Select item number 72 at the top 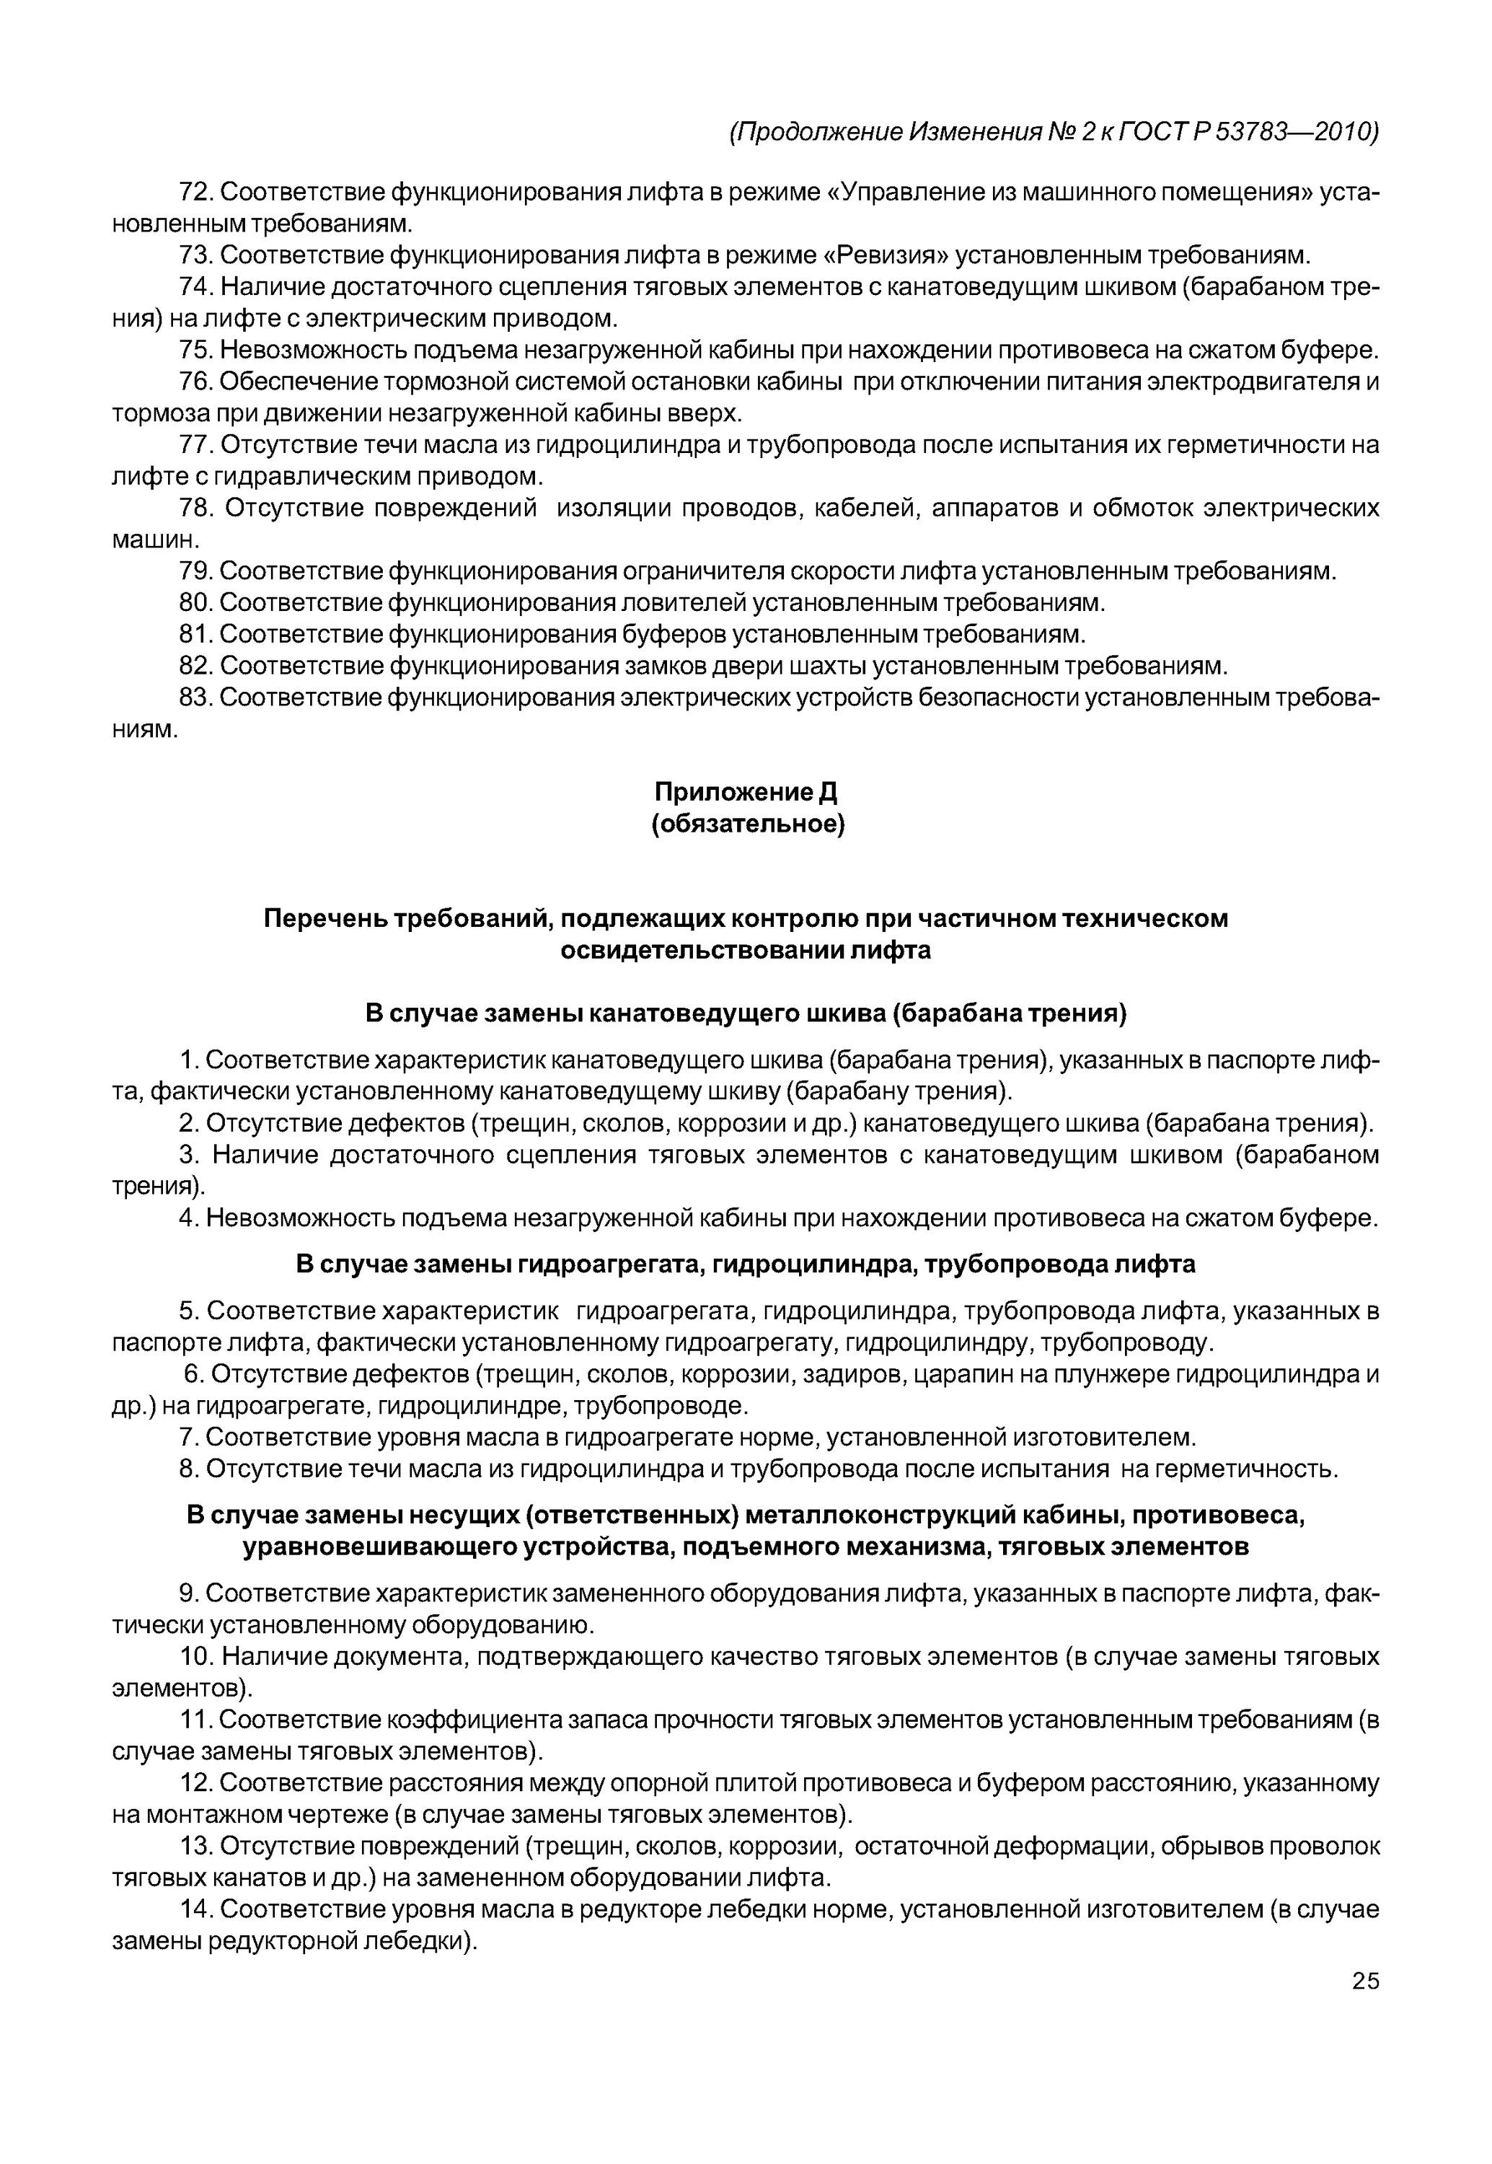tap(198, 193)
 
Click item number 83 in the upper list tap(198, 698)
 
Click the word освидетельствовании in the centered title tap(701, 950)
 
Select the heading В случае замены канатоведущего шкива tap(745, 1013)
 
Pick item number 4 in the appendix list tap(189, 1218)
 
